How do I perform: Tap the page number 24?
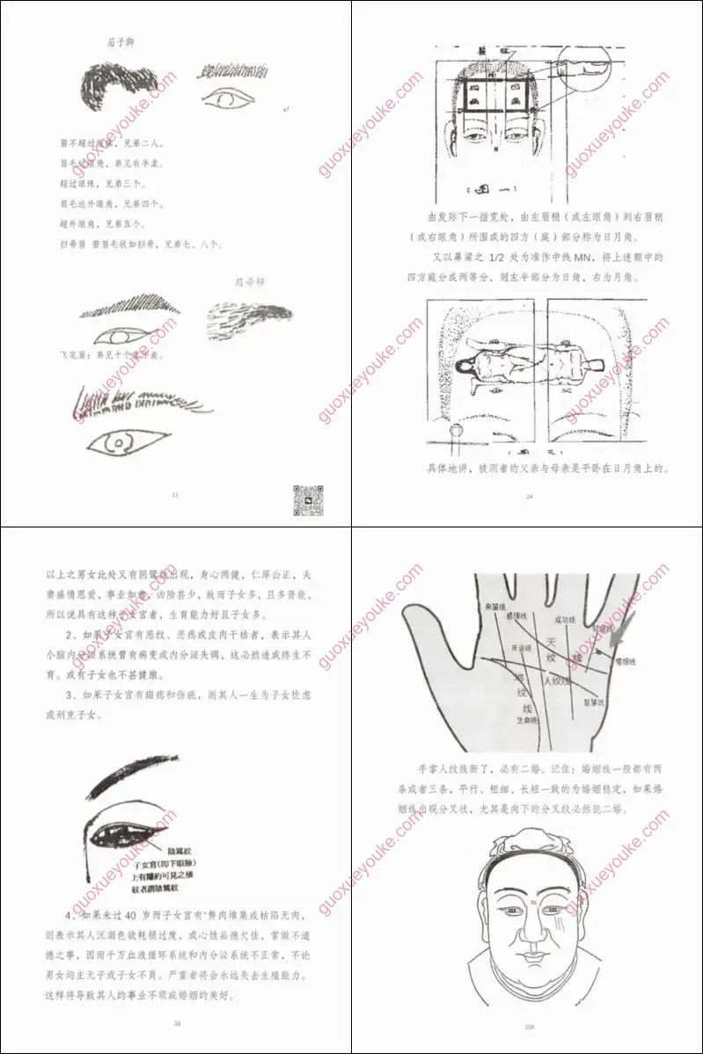[530, 497]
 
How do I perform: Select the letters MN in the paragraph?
[620, 258]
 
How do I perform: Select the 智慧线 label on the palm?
[589, 702]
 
